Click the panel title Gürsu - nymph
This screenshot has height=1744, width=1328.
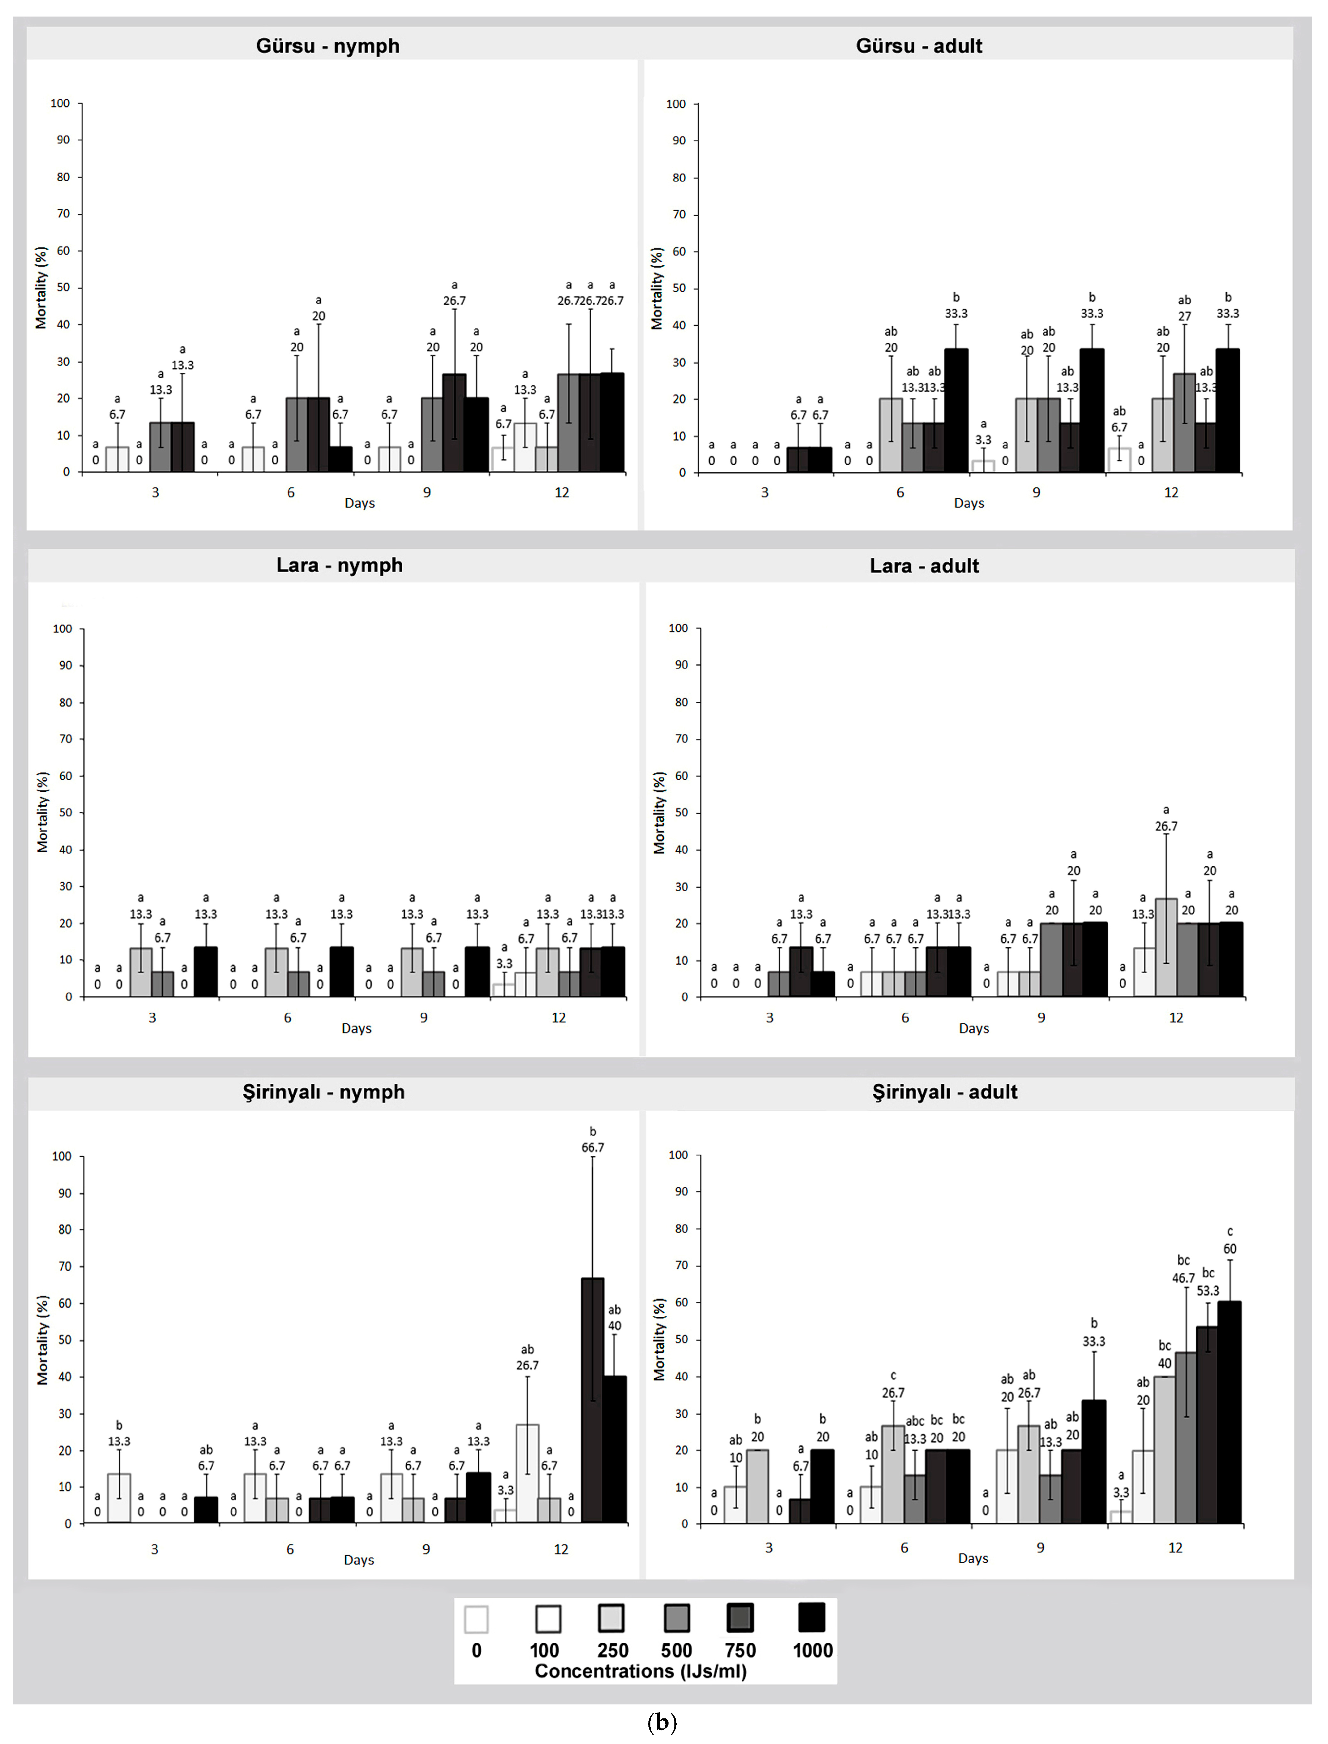(327, 46)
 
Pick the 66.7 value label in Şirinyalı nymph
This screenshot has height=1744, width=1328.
(592, 1147)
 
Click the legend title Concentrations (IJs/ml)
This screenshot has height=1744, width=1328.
(640, 1671)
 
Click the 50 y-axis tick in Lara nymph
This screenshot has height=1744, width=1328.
(65, 812)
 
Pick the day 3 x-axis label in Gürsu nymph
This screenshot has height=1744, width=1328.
(155, 492)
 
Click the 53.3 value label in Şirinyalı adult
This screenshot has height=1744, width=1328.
(1207, 1290)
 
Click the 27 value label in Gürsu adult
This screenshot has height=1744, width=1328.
(1184, 316)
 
